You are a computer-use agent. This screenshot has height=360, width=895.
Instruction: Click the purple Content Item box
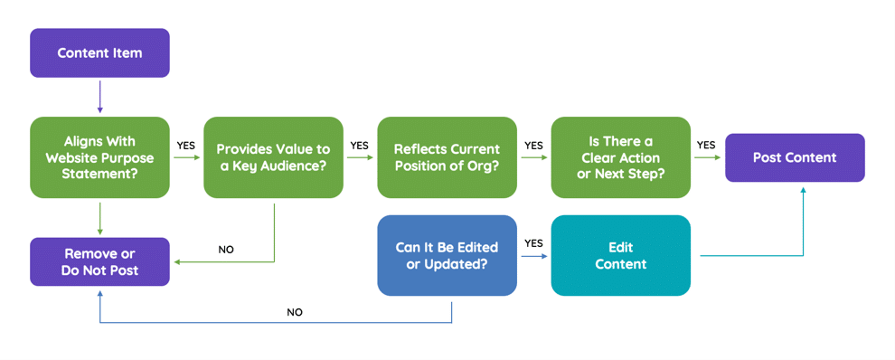99,52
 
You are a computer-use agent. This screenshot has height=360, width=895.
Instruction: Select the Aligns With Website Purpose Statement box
99,157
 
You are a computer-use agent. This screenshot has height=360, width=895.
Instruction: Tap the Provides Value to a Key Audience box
273,157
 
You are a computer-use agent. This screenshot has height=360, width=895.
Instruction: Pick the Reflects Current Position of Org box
447,157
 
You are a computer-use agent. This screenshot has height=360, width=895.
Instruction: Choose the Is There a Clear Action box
620,157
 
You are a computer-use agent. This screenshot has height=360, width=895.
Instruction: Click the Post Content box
795,157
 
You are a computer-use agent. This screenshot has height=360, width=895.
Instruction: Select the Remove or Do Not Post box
99,262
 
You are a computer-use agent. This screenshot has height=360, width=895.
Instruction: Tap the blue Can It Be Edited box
447,255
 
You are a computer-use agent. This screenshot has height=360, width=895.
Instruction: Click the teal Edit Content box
620,255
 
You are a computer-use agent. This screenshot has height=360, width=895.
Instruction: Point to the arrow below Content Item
99,97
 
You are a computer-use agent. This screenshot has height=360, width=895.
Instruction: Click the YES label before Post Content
706,145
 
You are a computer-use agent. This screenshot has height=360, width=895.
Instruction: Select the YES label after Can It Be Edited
533,243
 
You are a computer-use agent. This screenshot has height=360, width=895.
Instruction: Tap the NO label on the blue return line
295,312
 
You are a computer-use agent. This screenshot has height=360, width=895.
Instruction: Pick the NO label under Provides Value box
226,250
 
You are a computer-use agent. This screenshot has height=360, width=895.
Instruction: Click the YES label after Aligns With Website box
185,145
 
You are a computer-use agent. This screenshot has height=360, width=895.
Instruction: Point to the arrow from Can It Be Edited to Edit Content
533,256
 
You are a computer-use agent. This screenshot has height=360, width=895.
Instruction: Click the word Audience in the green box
299,166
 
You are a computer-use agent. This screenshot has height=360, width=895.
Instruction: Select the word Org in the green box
487,166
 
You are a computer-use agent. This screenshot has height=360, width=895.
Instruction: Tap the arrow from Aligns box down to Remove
99,217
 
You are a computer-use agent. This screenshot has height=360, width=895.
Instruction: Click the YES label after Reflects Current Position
533,145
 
